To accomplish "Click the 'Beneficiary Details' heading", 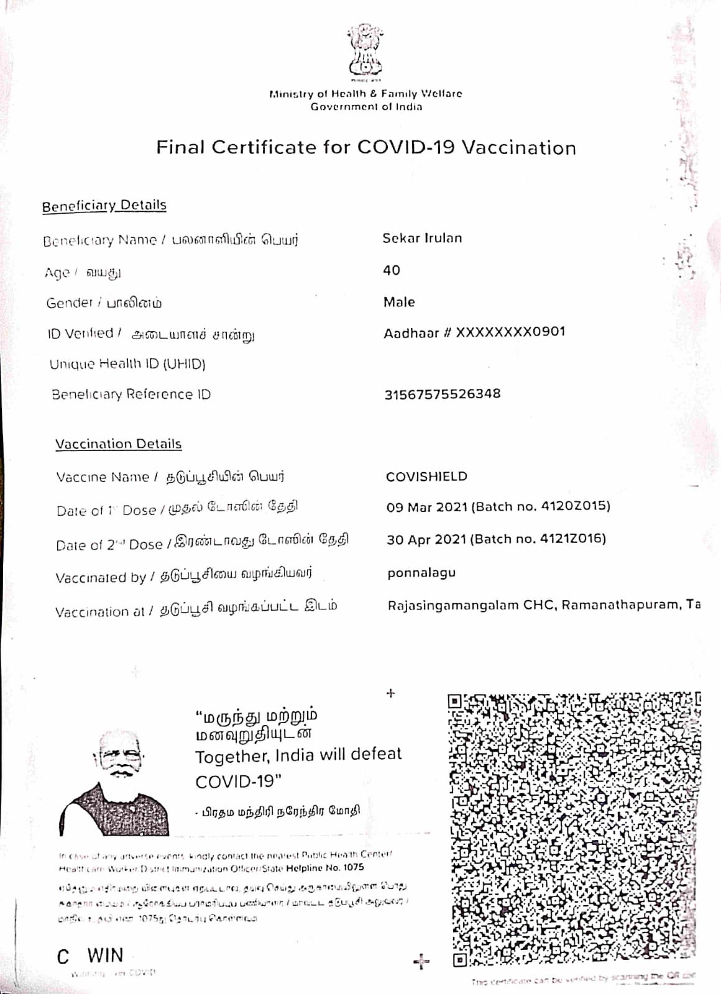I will click(104, 206).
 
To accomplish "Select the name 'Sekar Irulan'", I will click(422, 238).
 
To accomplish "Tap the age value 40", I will click(392, 270).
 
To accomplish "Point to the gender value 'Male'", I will click(399, 302).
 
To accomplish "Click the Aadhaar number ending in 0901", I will click(474, 332).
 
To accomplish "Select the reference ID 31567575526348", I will click(443, 394).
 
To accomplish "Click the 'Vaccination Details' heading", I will click(118, 444).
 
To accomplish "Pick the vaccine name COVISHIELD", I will click(426, 476).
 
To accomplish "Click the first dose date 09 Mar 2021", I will click(426, 507).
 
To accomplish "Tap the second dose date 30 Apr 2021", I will click(426, 539).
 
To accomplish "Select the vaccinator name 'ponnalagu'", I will click(421, 573).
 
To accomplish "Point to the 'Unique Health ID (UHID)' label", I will click(127, 363).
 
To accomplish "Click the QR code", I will click(574, 829).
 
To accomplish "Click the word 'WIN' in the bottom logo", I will click(105, 955).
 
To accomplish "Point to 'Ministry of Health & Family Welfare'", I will click(365, 94).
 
